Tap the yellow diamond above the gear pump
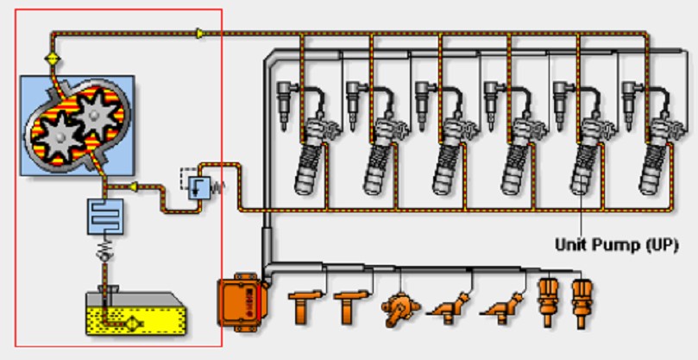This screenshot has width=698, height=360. coord(52,60)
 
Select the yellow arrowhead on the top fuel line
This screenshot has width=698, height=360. coord(201,34)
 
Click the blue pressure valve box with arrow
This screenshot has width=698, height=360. coord(198,186)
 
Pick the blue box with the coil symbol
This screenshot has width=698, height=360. coord(103,216)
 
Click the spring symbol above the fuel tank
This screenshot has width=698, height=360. coord(103,255)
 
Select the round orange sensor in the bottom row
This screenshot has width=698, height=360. coord(400,306)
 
